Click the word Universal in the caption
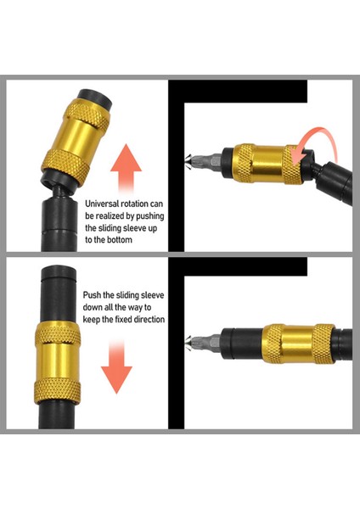pyautogui.click(x=102, y=204)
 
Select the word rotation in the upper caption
pyautogui.click(x=134, y=204)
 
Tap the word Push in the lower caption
pyautogui.click(x=92, y=295)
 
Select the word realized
pyautogui.click(x=110, y=216)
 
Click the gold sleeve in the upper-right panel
pyautogui.click(x=269, y=163)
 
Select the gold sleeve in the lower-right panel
pyautogui.click(x=298, y=344)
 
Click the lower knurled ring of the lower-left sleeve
pyautogui.click(x=57, y=392)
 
